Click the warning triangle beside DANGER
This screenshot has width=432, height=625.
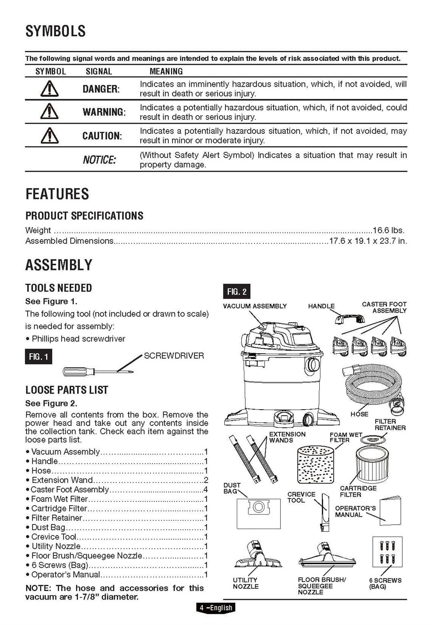coord(50,89)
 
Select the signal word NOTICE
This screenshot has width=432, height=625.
coord(99,160)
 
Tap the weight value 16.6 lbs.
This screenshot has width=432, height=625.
coord(388,230)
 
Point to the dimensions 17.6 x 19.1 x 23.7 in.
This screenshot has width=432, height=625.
coord(368,241)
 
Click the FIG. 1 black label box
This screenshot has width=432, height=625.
coord(38,356)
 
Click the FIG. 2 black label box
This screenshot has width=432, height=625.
coord(236,291)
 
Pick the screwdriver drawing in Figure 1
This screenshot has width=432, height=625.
coord(98,372)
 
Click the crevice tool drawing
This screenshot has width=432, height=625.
coord(324,512)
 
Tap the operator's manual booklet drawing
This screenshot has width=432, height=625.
coord(390,510)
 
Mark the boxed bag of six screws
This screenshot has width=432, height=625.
coord(387,551)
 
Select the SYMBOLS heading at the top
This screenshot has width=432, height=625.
coord(56,31)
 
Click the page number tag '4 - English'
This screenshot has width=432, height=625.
coord(216,607)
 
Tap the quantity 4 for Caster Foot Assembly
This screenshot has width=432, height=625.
coord(206,490)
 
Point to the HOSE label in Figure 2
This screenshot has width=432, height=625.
coord(359,414)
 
